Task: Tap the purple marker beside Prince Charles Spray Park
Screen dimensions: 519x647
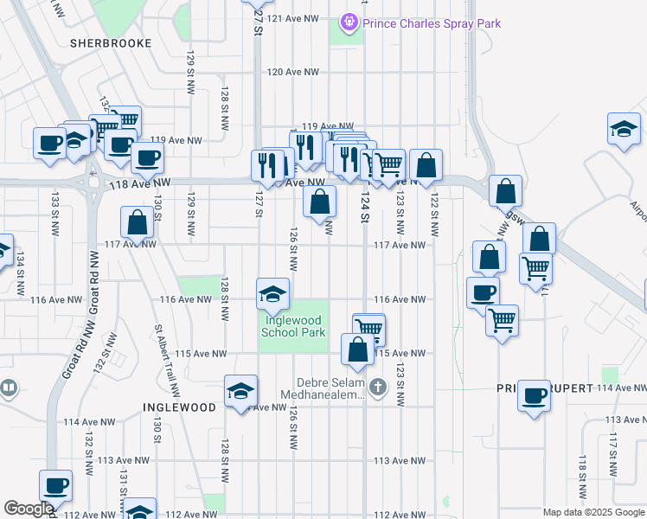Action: pyautogui.click(x=349, y=22)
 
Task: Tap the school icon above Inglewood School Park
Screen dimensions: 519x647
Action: pyautogui.click(x=272, y=295)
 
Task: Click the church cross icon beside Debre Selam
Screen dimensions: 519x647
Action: pyautogui.click(x=378, y=388)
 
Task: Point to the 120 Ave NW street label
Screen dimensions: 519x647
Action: pyautogui.click(x=293, y=73)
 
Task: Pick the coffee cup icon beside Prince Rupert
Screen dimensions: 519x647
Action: pyautogui.click(x=534, y=396)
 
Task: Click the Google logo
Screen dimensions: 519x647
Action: pyautogui.click(x=29, y=509)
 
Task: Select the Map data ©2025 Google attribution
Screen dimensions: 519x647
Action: pyautogui.click(x=593, y=512)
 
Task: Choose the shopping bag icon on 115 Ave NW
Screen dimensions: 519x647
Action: pyautogui.click(x=357, y=350)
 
